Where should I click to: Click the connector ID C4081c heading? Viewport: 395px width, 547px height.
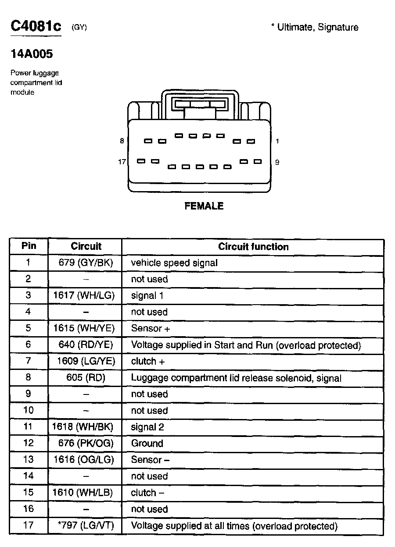[36, 26]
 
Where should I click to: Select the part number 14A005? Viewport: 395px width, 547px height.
[32, 54]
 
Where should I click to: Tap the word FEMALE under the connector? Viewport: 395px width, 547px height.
[204, 206]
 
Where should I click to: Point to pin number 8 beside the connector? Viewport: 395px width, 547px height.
[122, 141]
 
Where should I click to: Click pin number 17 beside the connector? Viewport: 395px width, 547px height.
[122, 162]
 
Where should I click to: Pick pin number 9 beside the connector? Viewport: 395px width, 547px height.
[277, 162]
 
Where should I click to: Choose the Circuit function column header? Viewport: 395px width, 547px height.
[253, 247]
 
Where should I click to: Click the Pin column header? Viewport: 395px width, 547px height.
[29, 246]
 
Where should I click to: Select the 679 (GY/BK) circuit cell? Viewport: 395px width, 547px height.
[86, 263]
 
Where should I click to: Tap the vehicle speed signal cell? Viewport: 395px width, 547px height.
[174, 263]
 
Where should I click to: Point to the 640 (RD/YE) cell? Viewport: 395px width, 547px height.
[86, 345]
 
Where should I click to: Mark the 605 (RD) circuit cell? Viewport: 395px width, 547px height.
[86, 378]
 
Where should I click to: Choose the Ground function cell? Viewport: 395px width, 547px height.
[147, 444]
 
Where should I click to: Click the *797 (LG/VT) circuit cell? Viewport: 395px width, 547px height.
[86, 526]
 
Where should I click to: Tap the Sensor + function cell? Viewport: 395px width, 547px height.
[150, 329]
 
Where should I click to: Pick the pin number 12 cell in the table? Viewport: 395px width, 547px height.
[28, 444]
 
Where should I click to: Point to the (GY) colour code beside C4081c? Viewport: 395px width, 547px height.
[79, 28]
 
